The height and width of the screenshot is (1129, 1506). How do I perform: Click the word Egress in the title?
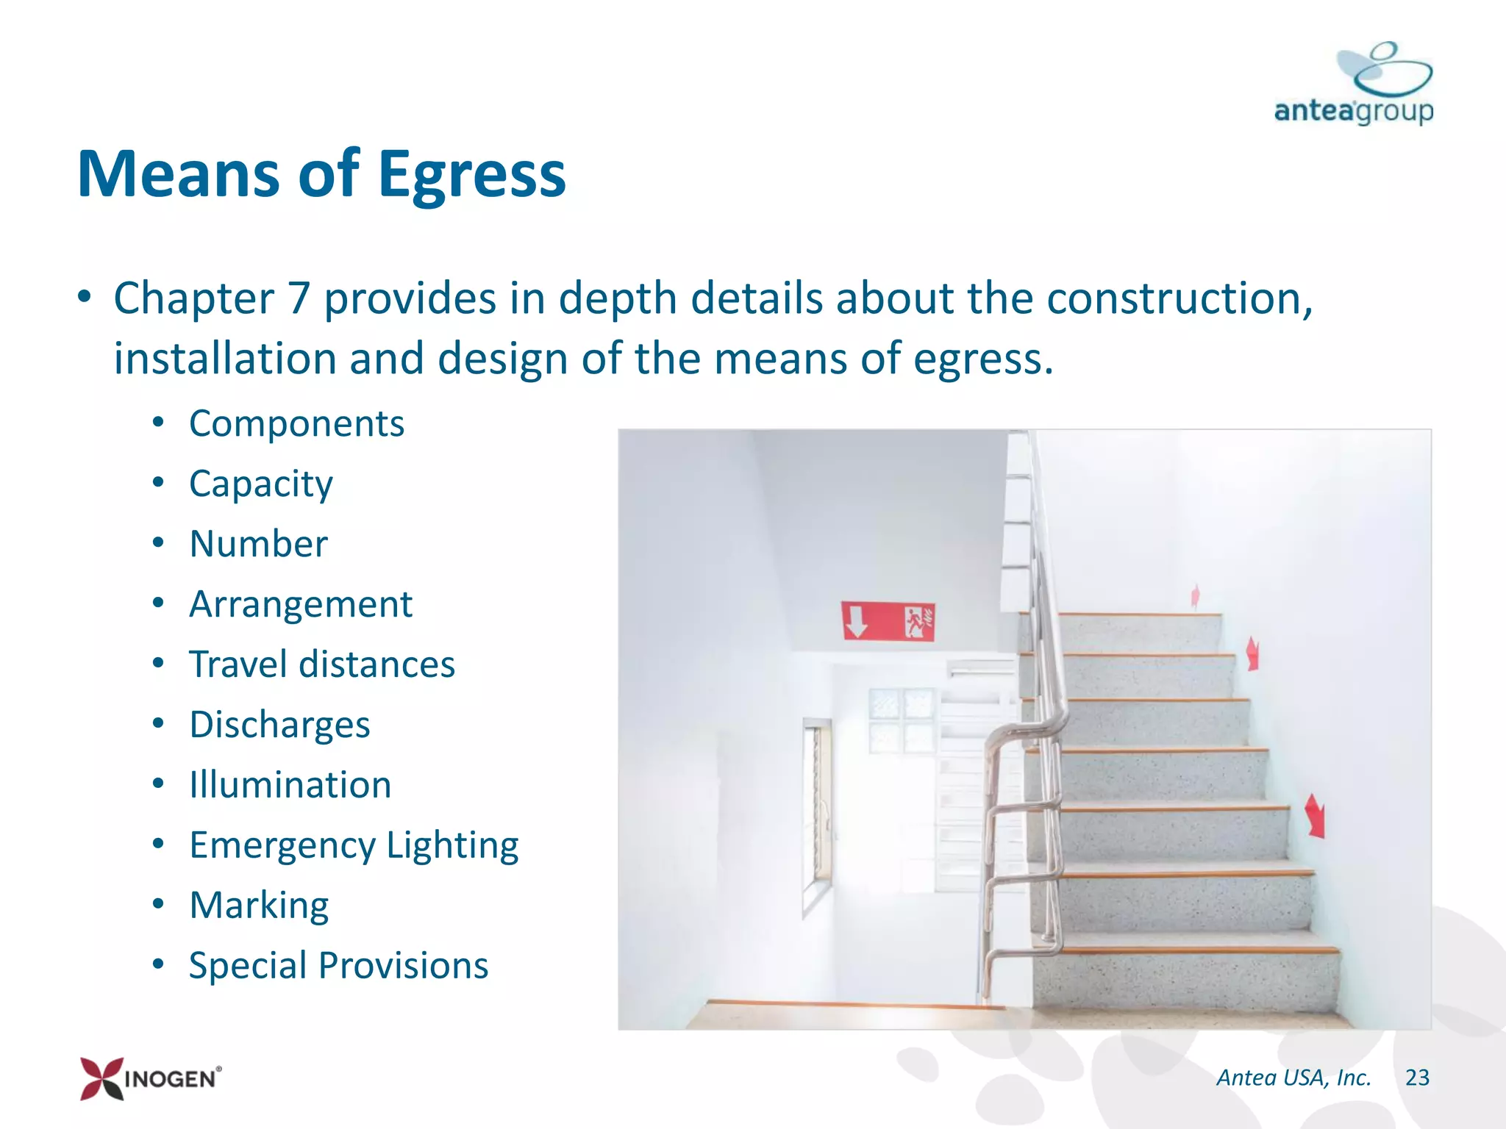coord(471,175)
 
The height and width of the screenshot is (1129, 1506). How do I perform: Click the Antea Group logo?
coord(1354,85)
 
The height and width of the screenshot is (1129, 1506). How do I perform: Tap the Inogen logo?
coord(150,1078)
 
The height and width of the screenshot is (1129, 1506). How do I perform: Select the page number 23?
coord(1417,1078)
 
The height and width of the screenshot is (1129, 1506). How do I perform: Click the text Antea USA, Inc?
coord(1293,1078)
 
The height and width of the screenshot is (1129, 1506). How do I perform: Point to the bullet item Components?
coord(296,424)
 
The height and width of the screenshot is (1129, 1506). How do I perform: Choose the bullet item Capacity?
coord(261,484)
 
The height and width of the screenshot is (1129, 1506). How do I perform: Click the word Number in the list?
coord(258,545)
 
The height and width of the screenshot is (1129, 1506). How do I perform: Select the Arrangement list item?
coord(301,605)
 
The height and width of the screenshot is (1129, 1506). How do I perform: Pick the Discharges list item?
coord(279,725)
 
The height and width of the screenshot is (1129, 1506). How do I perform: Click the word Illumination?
coord(290,785)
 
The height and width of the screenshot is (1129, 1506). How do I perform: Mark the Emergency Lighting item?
coord(354,845)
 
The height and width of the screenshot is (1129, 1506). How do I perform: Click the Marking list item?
coord(259,906)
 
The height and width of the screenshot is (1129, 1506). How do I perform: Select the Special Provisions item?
coord(338,966)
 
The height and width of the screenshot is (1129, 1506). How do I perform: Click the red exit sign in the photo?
coord(888,622)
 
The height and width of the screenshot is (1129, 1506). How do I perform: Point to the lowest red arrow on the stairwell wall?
coord(1316,816)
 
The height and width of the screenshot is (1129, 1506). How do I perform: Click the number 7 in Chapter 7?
coord(299,299)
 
